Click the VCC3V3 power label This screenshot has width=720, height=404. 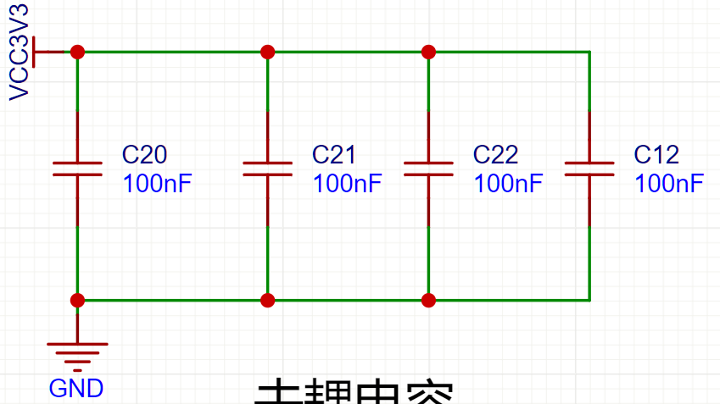20,52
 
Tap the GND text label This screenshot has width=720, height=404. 76,389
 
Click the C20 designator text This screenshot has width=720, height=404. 144,155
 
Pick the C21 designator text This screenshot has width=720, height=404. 334,155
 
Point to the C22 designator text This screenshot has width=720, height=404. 495,155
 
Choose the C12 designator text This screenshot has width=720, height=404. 656,155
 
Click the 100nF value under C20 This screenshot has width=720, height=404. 158,184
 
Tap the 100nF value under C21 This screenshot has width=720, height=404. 348,184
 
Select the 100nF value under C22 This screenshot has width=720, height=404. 508,184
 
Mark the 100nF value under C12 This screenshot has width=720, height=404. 669,184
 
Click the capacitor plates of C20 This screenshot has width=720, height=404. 77,169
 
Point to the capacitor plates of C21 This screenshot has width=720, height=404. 267,169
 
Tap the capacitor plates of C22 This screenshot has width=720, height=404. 428,169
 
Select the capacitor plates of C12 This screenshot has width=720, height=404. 589,169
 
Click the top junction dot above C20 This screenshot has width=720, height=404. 77,52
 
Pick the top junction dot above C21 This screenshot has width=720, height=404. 267,52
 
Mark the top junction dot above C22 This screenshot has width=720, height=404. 428,52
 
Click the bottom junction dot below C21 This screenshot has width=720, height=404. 267,300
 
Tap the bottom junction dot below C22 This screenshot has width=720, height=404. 428,300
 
